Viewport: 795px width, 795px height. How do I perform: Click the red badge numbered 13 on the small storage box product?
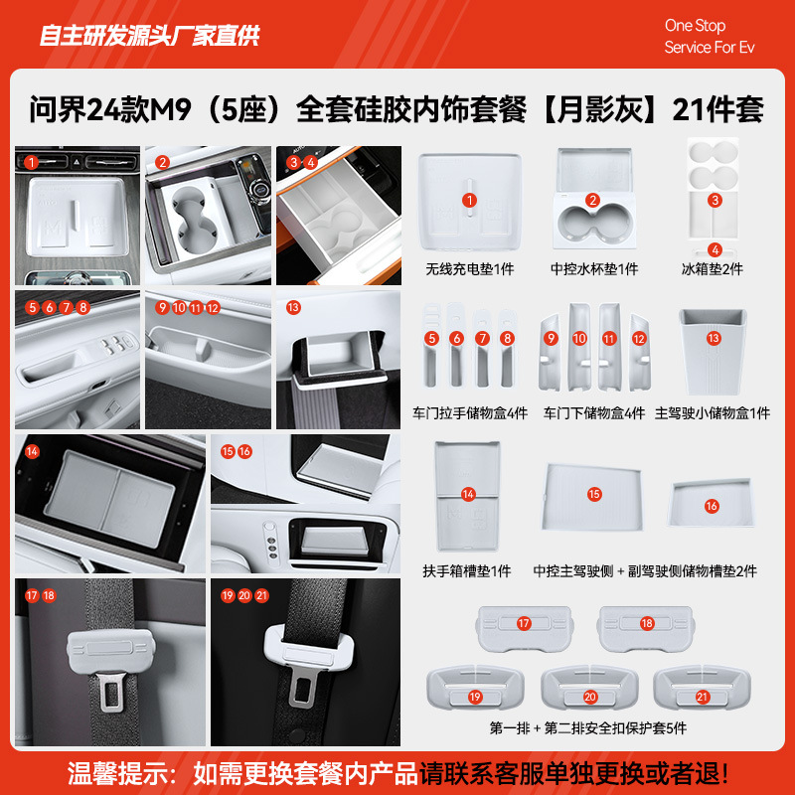[714, 338]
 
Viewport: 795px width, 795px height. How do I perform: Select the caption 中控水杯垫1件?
[594, 269]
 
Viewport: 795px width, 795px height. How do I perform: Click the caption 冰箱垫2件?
[713, 269]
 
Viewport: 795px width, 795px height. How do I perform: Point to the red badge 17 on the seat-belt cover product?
[524, 622]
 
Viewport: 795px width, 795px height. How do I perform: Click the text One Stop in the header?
[695, 26]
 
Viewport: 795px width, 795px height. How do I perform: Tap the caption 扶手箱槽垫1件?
[467, 570]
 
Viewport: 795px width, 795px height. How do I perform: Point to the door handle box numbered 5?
[431, 353]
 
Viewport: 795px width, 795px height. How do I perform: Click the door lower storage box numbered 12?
[638, 353]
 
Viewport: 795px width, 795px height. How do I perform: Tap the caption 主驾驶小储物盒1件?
[713, 412]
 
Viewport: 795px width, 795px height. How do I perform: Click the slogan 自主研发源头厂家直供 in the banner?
[149, 37]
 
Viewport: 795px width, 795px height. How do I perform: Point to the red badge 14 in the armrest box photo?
[32, 451]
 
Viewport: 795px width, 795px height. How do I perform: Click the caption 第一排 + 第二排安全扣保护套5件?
[588, 728]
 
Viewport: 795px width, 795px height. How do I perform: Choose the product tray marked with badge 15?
[594, 494]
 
